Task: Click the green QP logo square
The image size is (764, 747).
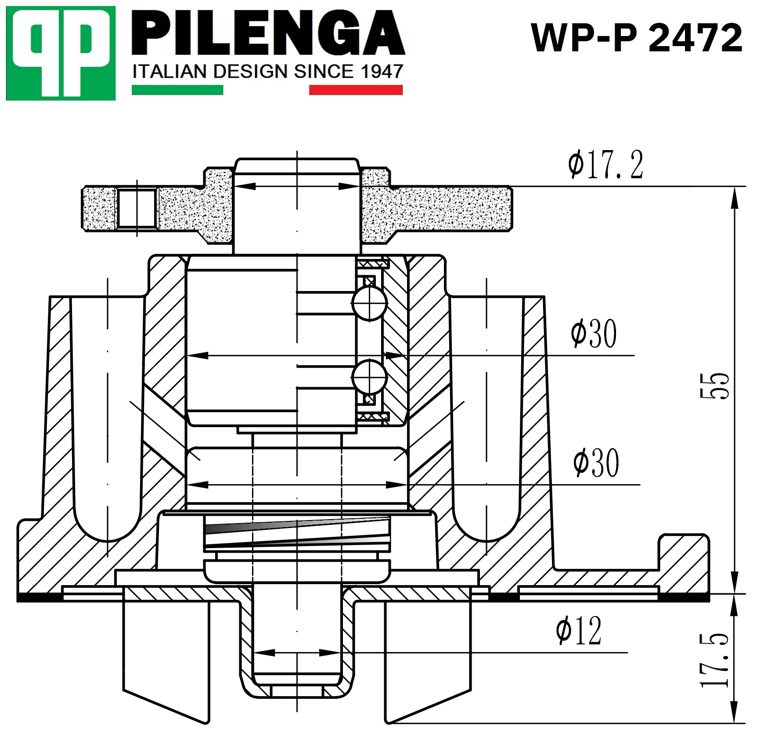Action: (61, 53)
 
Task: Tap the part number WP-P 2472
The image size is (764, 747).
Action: (636, 38)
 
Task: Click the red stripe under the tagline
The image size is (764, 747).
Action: (356, 90)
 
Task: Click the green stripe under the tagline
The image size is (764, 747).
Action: (177, 90)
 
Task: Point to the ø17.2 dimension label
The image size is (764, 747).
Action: (605, 165)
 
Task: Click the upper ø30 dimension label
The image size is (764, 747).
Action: (594, 334)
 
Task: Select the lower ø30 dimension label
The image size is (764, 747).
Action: (596, 463)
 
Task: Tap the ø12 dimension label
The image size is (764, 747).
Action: (578, 631)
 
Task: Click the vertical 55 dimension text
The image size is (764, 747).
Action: (714, 386)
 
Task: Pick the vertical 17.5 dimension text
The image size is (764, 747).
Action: (714, 660)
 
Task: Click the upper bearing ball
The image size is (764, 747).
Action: (370, 303)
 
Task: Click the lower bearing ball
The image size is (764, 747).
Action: (369, 377)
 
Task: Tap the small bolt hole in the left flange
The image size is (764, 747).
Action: (137, 209)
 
